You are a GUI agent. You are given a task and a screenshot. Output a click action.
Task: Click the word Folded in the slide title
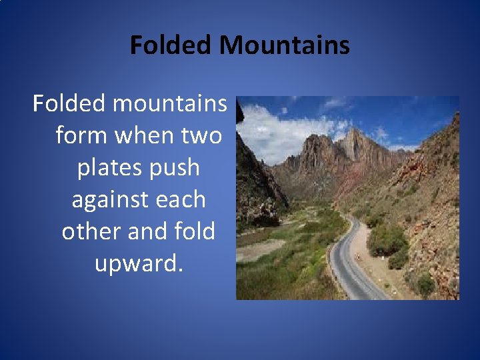(171, 45)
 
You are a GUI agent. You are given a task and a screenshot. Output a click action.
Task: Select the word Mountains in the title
(285, 45)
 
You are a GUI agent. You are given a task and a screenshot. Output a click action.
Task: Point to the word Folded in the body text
(69, 104)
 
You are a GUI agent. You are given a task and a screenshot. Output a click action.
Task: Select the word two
(201, 136)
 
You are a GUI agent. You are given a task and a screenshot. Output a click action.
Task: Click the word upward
(138, 264)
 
